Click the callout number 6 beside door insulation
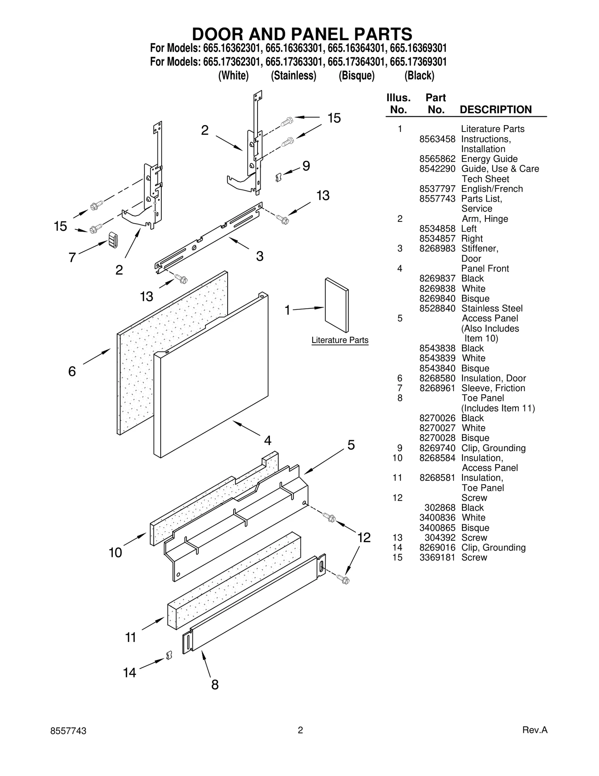pyautogui.click(x=72, y=371)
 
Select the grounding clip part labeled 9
pyautogui.click(x=278, y=177)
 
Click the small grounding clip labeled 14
pyautogui.click(x=169, y=655)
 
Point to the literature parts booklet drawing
pyautogui.click(x=337, y=305)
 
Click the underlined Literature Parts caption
pyautogui.click(x=340, y=340)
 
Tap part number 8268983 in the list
pyautogui.click(x=437, y=248)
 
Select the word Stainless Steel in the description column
pyautogui.click(x=492, y=308)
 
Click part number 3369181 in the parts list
pyautogui.click(x=437, y=558)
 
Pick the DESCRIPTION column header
pyautogui.click(x=495, y=110)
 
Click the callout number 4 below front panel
pyautogui.click(x=267, y=440)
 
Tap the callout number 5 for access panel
pyautogui.click(x=351, y=445)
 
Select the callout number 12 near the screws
pyautogui.click(x=364, y=538)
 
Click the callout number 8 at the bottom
pyautogui.click(x=215, y=685)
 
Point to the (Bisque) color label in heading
pyautogui.click(x=356, y=76)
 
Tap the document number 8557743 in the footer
pyautogui.click(x=68, y=731)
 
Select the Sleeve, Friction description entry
pyautogui.click(x=493, y=388)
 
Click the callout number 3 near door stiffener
pyautogui.click(x=259, y=256)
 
